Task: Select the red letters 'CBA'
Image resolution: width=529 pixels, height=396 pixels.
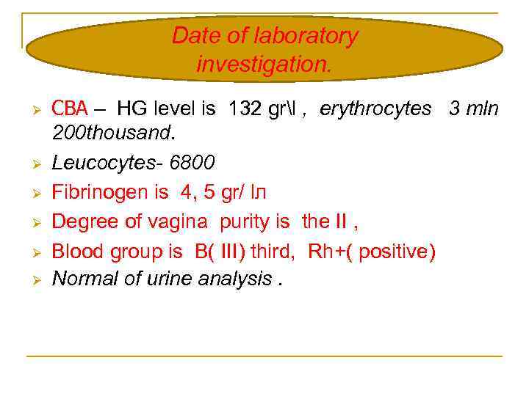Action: pyautogui.click(x=70, y=109)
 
